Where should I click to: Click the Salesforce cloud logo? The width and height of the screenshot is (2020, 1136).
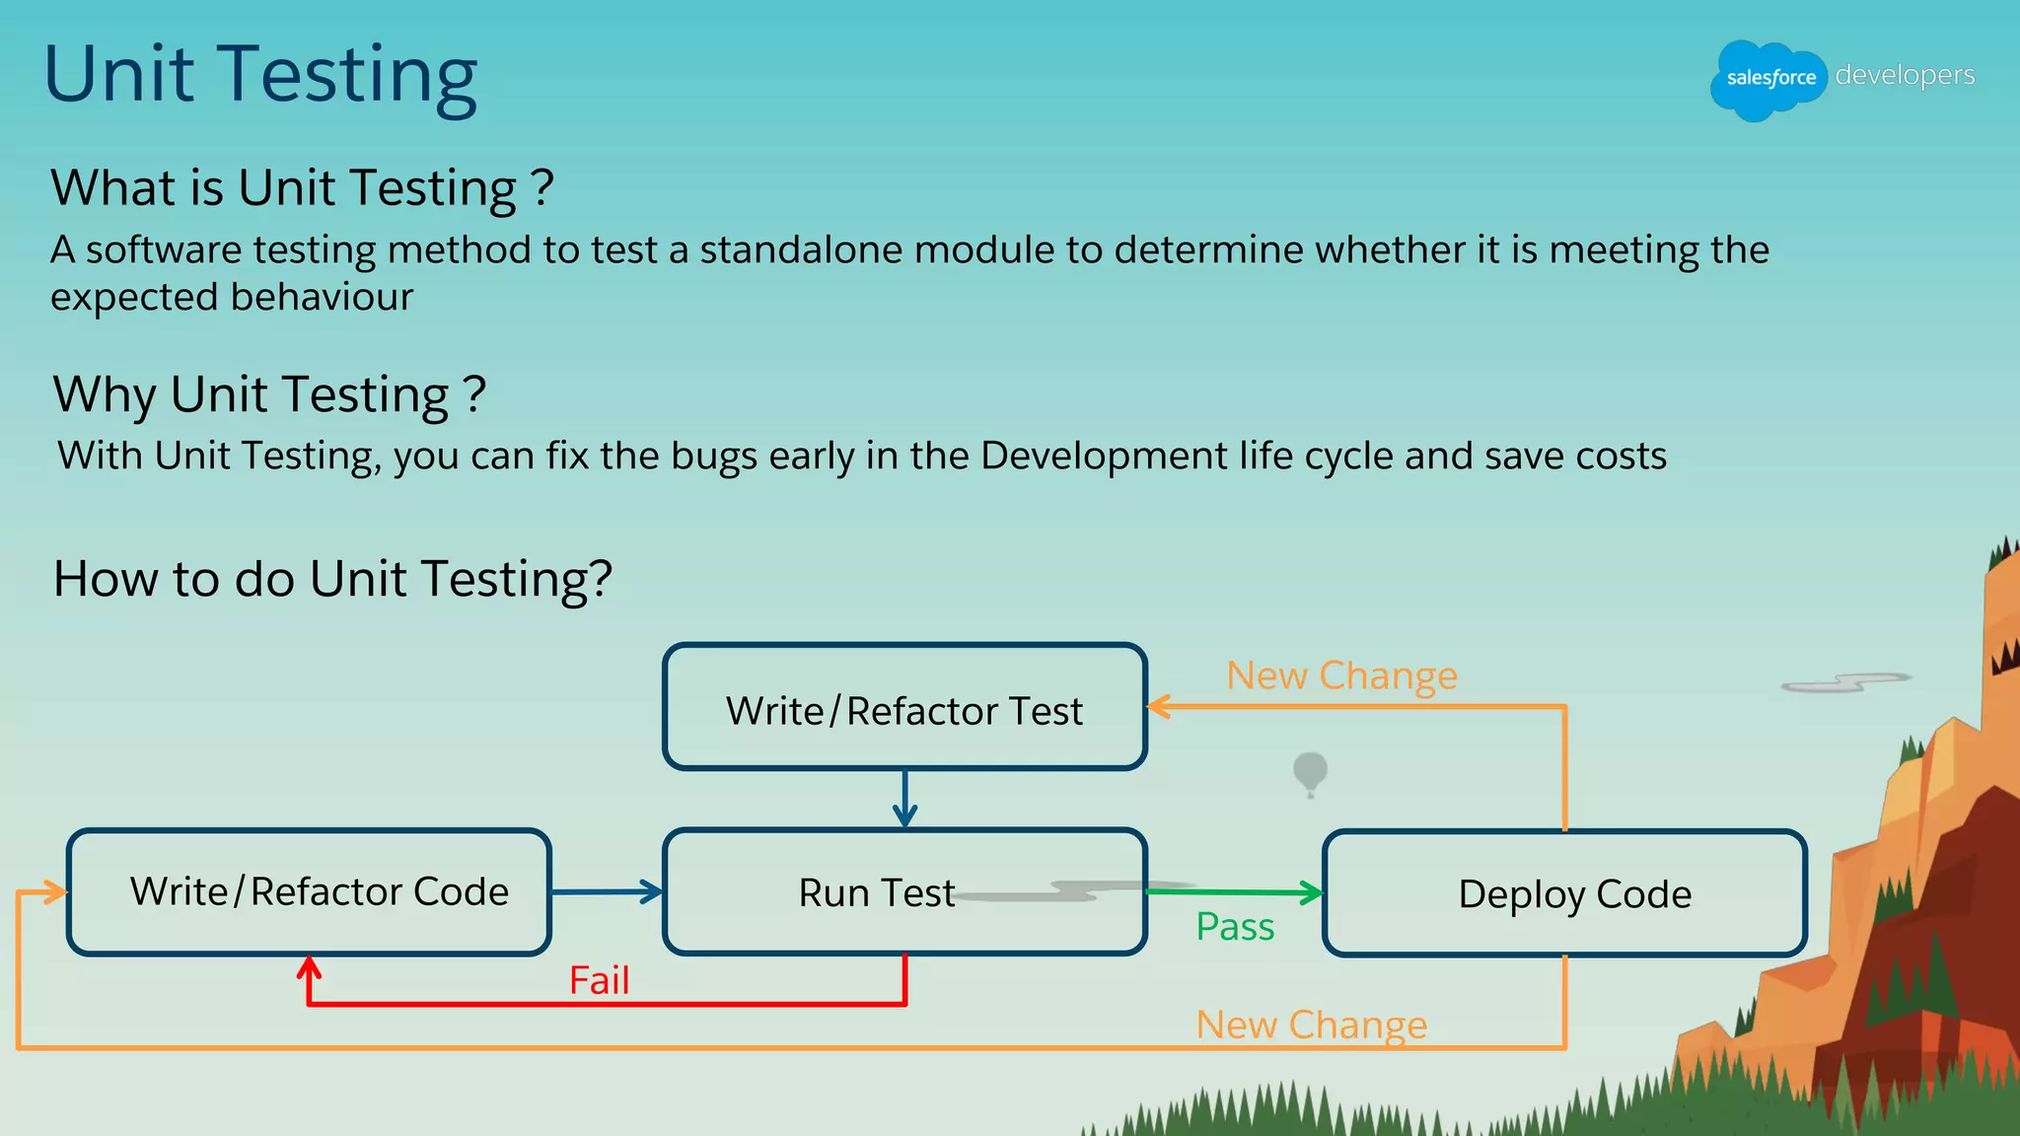click(x=1769, y=79)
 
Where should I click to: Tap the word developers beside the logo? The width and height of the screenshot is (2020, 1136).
click(x=1905, y=75)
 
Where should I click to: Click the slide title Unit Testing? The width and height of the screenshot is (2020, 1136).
click(x=261, y=75)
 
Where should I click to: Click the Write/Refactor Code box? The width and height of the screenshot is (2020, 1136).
click(x=309, y=891)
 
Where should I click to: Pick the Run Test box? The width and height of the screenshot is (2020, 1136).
click(x=904, y=891)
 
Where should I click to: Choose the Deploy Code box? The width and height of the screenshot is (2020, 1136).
click(x=1564, y=893)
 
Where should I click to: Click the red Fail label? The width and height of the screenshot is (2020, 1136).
click(x=599, y=980)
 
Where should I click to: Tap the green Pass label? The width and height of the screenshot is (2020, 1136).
click(x=1235, y=927)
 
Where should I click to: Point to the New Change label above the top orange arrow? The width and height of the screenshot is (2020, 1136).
click(x=1341, y=675)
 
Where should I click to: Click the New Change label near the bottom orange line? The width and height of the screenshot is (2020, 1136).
click(x=1311, y=1025)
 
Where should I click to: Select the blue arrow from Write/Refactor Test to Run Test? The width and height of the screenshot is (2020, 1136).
click(x=904, y=799)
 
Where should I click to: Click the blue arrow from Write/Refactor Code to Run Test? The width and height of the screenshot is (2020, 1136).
click(x=606, y=891)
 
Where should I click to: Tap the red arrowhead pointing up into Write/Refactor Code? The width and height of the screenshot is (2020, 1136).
click(x=310, y=966)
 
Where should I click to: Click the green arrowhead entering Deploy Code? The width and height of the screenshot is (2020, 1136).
click(x=1313, y=893)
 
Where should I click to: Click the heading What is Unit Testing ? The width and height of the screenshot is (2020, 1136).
click(x=302, y=187)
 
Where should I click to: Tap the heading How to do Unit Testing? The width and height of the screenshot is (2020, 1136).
click(x=332, y=578)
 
